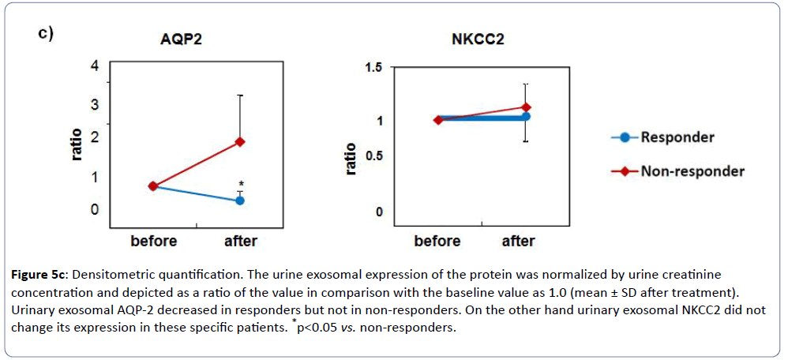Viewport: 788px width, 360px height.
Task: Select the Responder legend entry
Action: click(x=677, y=137)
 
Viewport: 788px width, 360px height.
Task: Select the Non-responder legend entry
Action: click(x=692, y=171)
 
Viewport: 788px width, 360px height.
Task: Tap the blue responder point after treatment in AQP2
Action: click(x=240, y=201)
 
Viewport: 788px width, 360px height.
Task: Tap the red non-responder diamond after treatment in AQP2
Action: click(x=240, y=142)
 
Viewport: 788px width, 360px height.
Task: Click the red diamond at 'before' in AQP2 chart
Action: click(x=153, y=186)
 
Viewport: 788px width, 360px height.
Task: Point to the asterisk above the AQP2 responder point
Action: click(x=241, y=185)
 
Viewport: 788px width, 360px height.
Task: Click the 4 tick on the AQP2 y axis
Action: click(x=95, y=66)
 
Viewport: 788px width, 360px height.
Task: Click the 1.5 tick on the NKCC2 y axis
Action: click(x=372, y=68)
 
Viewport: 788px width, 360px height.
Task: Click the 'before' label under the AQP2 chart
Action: click(x=153, y=241)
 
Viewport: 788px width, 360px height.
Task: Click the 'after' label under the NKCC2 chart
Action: click(x=518, y=241)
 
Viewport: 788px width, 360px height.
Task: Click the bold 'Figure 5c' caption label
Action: click(x=38, y=275)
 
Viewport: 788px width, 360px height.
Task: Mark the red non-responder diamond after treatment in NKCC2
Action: click(x=526, y=107)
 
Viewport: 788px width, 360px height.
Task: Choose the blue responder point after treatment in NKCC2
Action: click(x=526, y=117)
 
